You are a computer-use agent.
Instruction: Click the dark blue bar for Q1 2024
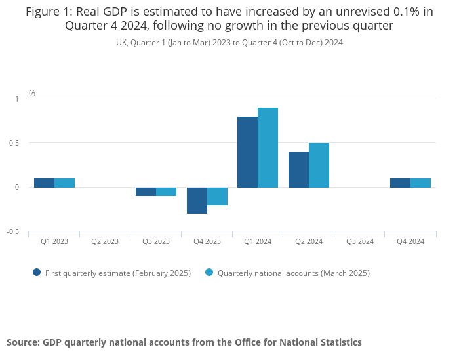247,152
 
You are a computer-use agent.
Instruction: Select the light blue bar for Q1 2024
268,148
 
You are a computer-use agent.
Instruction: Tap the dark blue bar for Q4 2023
197,201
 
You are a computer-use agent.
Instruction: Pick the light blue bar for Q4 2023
217,196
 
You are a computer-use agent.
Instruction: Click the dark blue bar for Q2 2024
298,170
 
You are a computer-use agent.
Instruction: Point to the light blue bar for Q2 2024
319,165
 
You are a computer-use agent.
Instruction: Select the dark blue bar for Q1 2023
44,183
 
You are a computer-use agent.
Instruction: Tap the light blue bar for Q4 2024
420,183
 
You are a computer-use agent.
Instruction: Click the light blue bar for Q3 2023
166,191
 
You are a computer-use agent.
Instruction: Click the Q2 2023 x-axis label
105,241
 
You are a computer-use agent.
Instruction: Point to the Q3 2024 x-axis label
359,241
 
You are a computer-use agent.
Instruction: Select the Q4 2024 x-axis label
410,241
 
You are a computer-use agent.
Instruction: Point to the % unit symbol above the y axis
32,94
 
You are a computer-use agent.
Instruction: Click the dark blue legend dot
37,272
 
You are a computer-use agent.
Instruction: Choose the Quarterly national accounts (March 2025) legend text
293,273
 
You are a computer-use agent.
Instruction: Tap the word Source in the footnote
23,342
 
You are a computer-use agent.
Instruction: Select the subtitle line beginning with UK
229,43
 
